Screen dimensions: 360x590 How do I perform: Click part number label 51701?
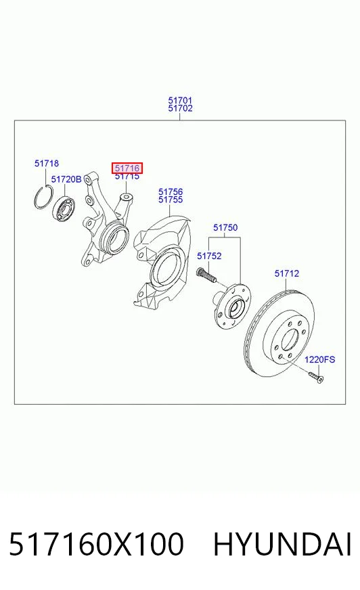pos(180,100)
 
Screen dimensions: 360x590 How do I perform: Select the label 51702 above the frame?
pos(180,108)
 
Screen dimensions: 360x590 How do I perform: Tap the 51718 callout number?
pos(47,163)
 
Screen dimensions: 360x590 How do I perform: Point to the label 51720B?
pos(66,179)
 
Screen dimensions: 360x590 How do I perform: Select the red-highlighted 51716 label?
pos(127,168)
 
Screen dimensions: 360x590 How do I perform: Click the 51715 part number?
pos(127,177)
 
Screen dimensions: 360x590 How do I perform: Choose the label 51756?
pos(171,192)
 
